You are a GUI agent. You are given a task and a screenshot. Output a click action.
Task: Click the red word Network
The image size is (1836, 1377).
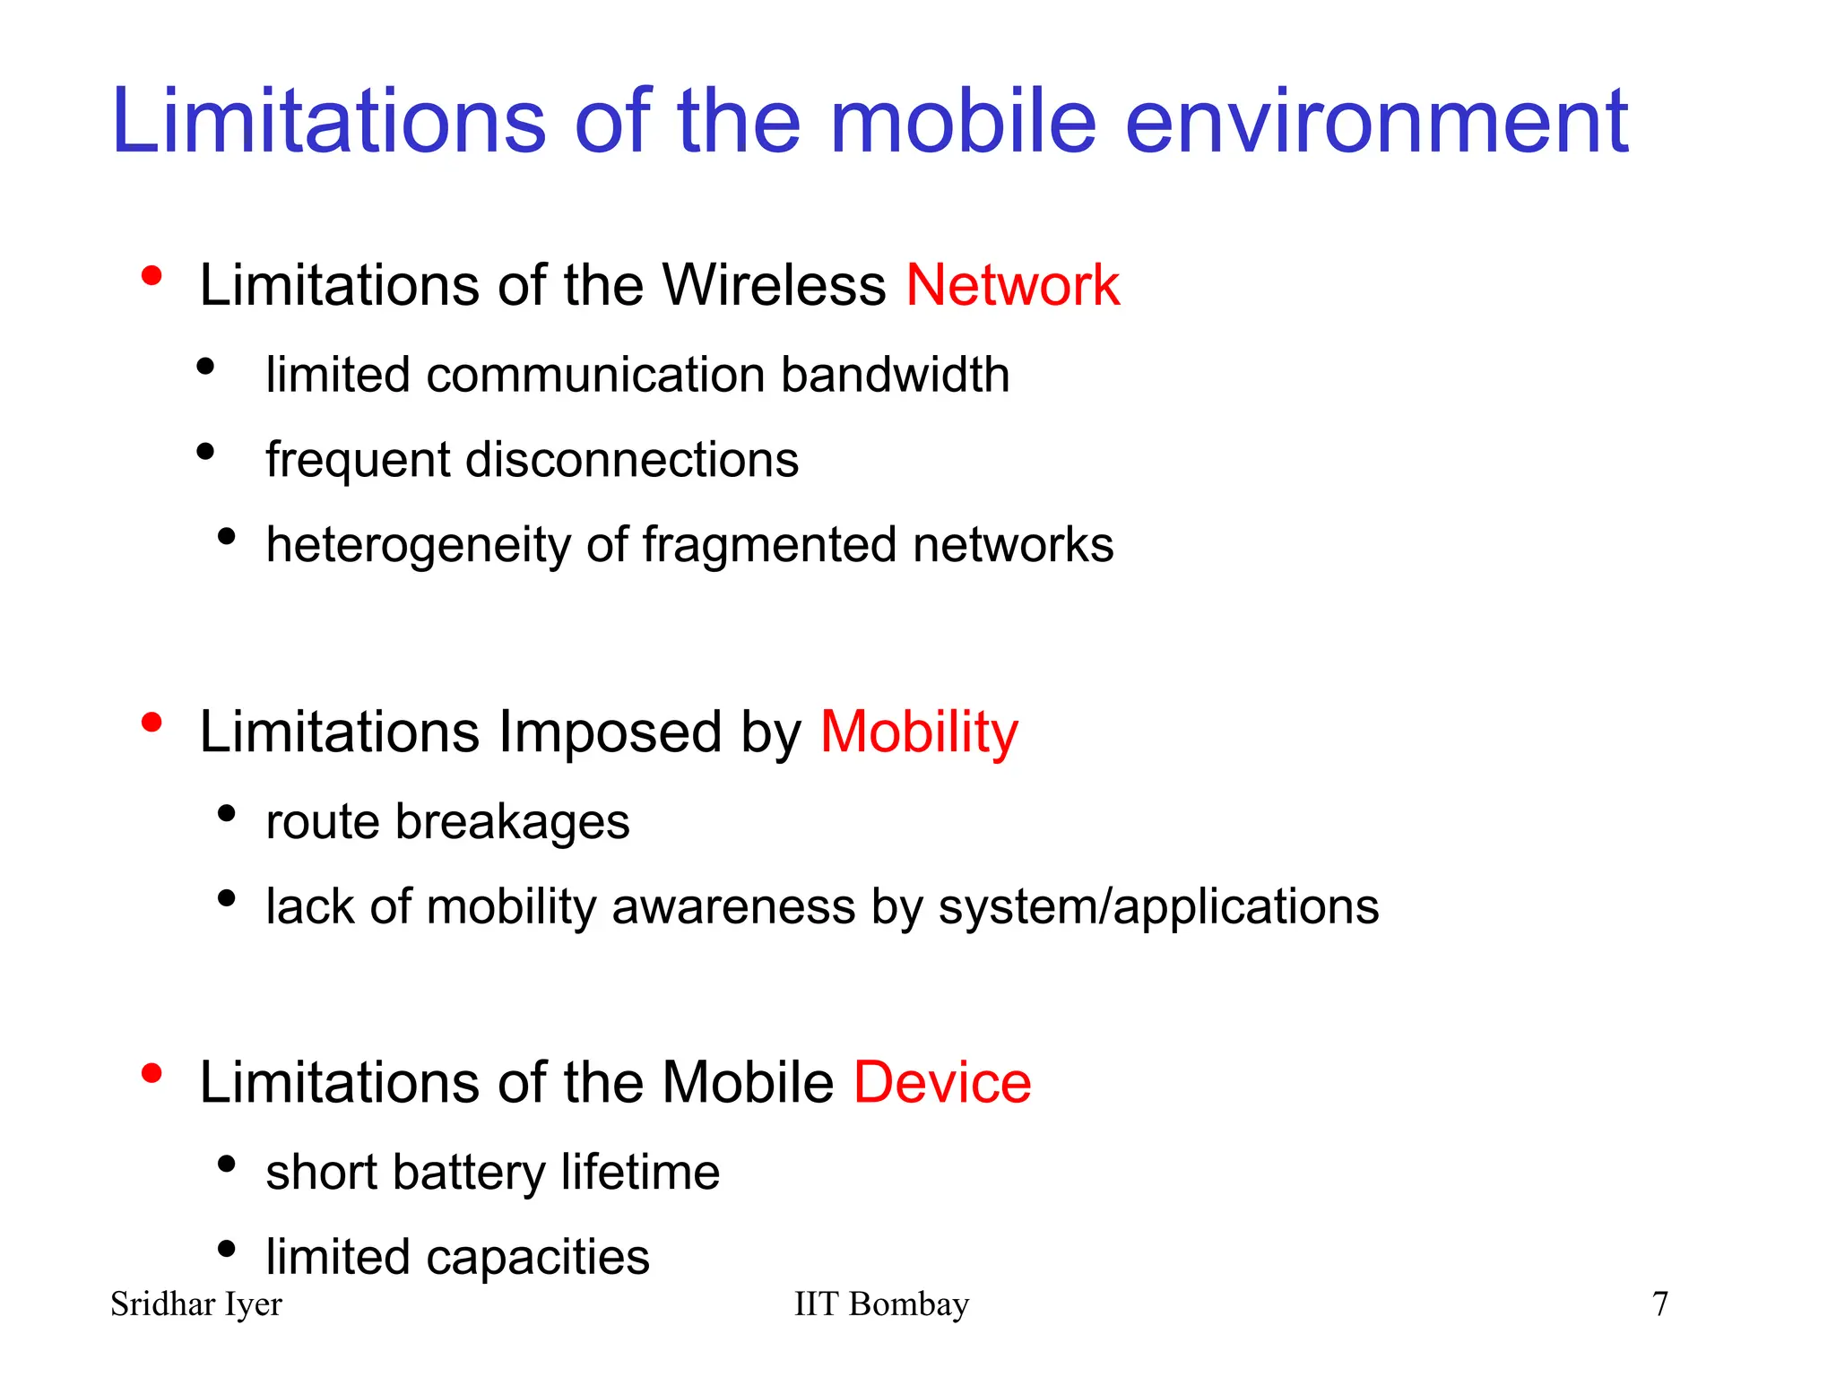point(1012,286)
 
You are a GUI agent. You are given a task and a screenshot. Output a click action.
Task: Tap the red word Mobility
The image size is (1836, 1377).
point(919,732)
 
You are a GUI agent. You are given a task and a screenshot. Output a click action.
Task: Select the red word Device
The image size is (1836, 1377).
point(942,1082)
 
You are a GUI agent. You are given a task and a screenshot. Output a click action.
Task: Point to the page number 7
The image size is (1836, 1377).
point(1659,1303)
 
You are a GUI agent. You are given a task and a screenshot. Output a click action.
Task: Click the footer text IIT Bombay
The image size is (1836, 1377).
point(881,1303)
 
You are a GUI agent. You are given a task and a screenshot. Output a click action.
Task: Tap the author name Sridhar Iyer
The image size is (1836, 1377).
point(195,1304)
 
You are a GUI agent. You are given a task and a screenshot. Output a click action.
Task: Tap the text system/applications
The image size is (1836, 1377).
point(1158,907)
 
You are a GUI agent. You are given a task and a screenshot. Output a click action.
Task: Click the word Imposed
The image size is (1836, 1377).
point(611,732)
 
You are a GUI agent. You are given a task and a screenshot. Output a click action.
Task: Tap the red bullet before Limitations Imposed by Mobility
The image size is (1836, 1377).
point(152,722)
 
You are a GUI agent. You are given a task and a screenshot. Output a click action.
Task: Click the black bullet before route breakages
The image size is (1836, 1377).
point(226,813)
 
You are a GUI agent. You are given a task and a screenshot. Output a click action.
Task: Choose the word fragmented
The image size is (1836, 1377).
point(769,545)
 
